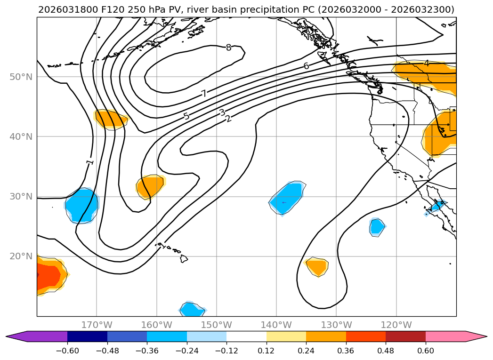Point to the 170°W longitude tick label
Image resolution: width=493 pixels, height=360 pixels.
pyautogui.click(x=97, y=325)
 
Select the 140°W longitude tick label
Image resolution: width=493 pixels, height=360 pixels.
pyautogui.click(x=276, y=325)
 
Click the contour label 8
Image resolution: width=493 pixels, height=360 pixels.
pyautogui.click(x=228, y=48)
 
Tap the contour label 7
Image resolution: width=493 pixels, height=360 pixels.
pyautogui.click(x=204, y=94)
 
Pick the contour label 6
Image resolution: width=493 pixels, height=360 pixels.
pyautogui.click(x=306, y=66)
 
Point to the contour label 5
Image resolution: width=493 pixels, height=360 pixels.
pyautogui.click(x=186, y=116)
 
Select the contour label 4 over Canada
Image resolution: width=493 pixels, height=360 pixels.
pyautogui.click(x=426, y=64)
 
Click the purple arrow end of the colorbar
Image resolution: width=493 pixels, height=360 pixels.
pyautogui.click(x=14, y=336)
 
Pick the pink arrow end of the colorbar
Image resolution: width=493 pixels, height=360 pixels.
pyautogui.click(x=478, y=336)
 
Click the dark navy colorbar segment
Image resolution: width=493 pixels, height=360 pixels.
pyautogui.click(x=87, y=336)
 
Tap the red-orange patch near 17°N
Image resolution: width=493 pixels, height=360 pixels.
pyautogui.click(x=47, y=275)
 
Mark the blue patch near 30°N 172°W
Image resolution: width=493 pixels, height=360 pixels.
pyautogui.click(x=82, y=206)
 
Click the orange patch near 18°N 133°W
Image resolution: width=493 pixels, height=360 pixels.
pyautogui.click(x=317, y=267)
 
